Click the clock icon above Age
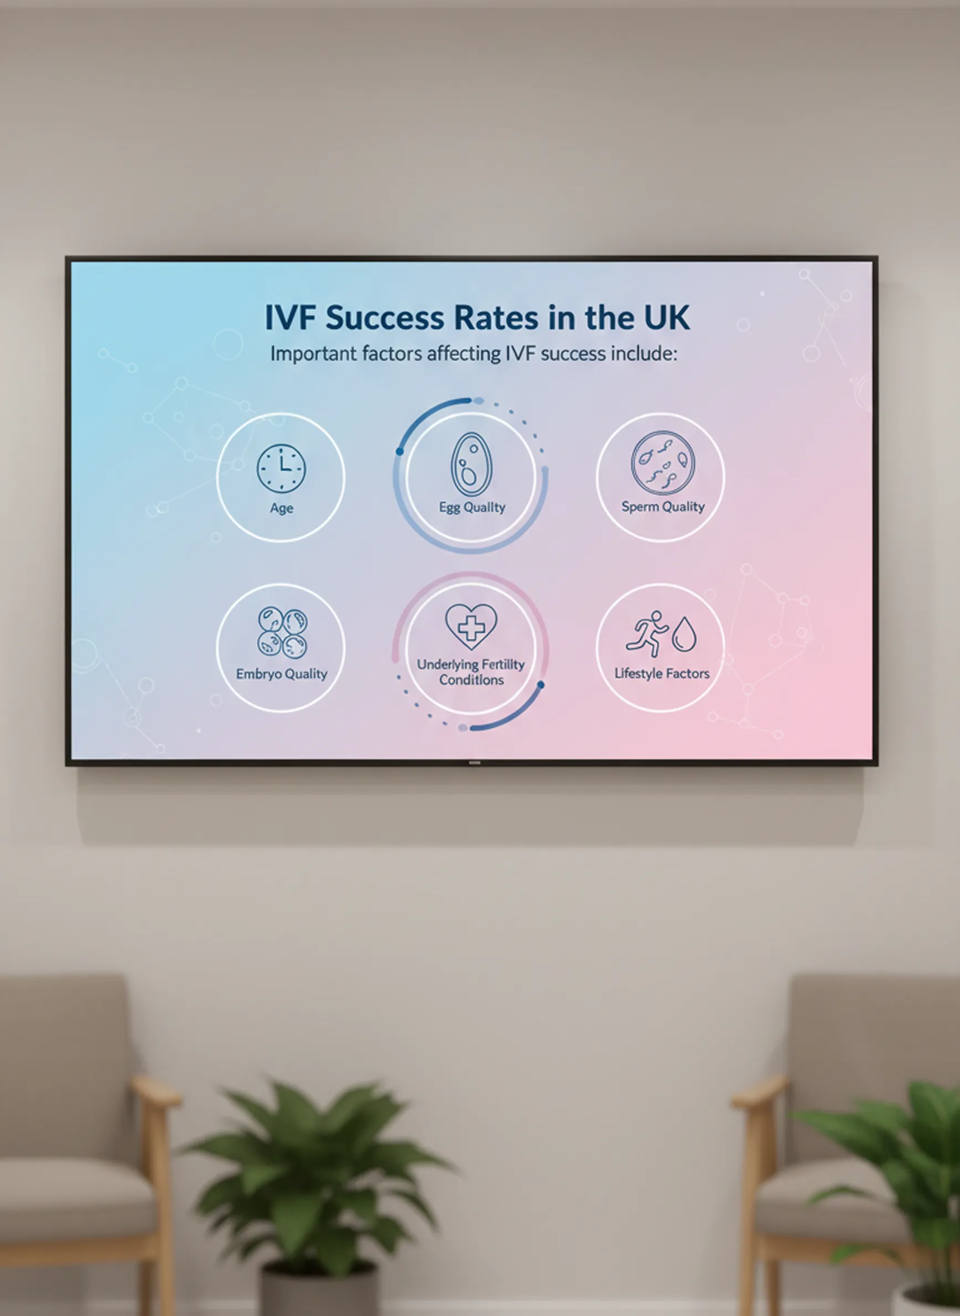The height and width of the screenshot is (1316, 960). pyautogui.click(x=281, y=469)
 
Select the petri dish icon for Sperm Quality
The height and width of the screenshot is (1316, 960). pyautogui.click(x=662, y=462)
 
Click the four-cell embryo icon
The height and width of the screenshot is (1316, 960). pyautogui.click(x=282, y=633)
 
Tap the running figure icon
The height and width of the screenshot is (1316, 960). pyautogui.click(x=647, y=634)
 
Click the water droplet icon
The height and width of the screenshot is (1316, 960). pyautogui.click(x=684, y=634)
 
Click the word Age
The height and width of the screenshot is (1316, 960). pyautogui.click(x=281, y=508)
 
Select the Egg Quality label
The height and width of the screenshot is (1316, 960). pyautogui.click(x=472, y=507)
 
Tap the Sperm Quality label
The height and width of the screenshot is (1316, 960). pyautogui.click(x=663, y=507)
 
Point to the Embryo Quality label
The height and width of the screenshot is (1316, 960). pyautogui.click(x=282, y=674)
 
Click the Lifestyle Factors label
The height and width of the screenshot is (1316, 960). pyautogui.click(x=662, y=673)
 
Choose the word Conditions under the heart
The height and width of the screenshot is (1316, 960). pyautogui.click(x=471, y=680)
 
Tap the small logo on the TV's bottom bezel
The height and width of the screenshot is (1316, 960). pyautogui.click(x=475, y=762)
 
